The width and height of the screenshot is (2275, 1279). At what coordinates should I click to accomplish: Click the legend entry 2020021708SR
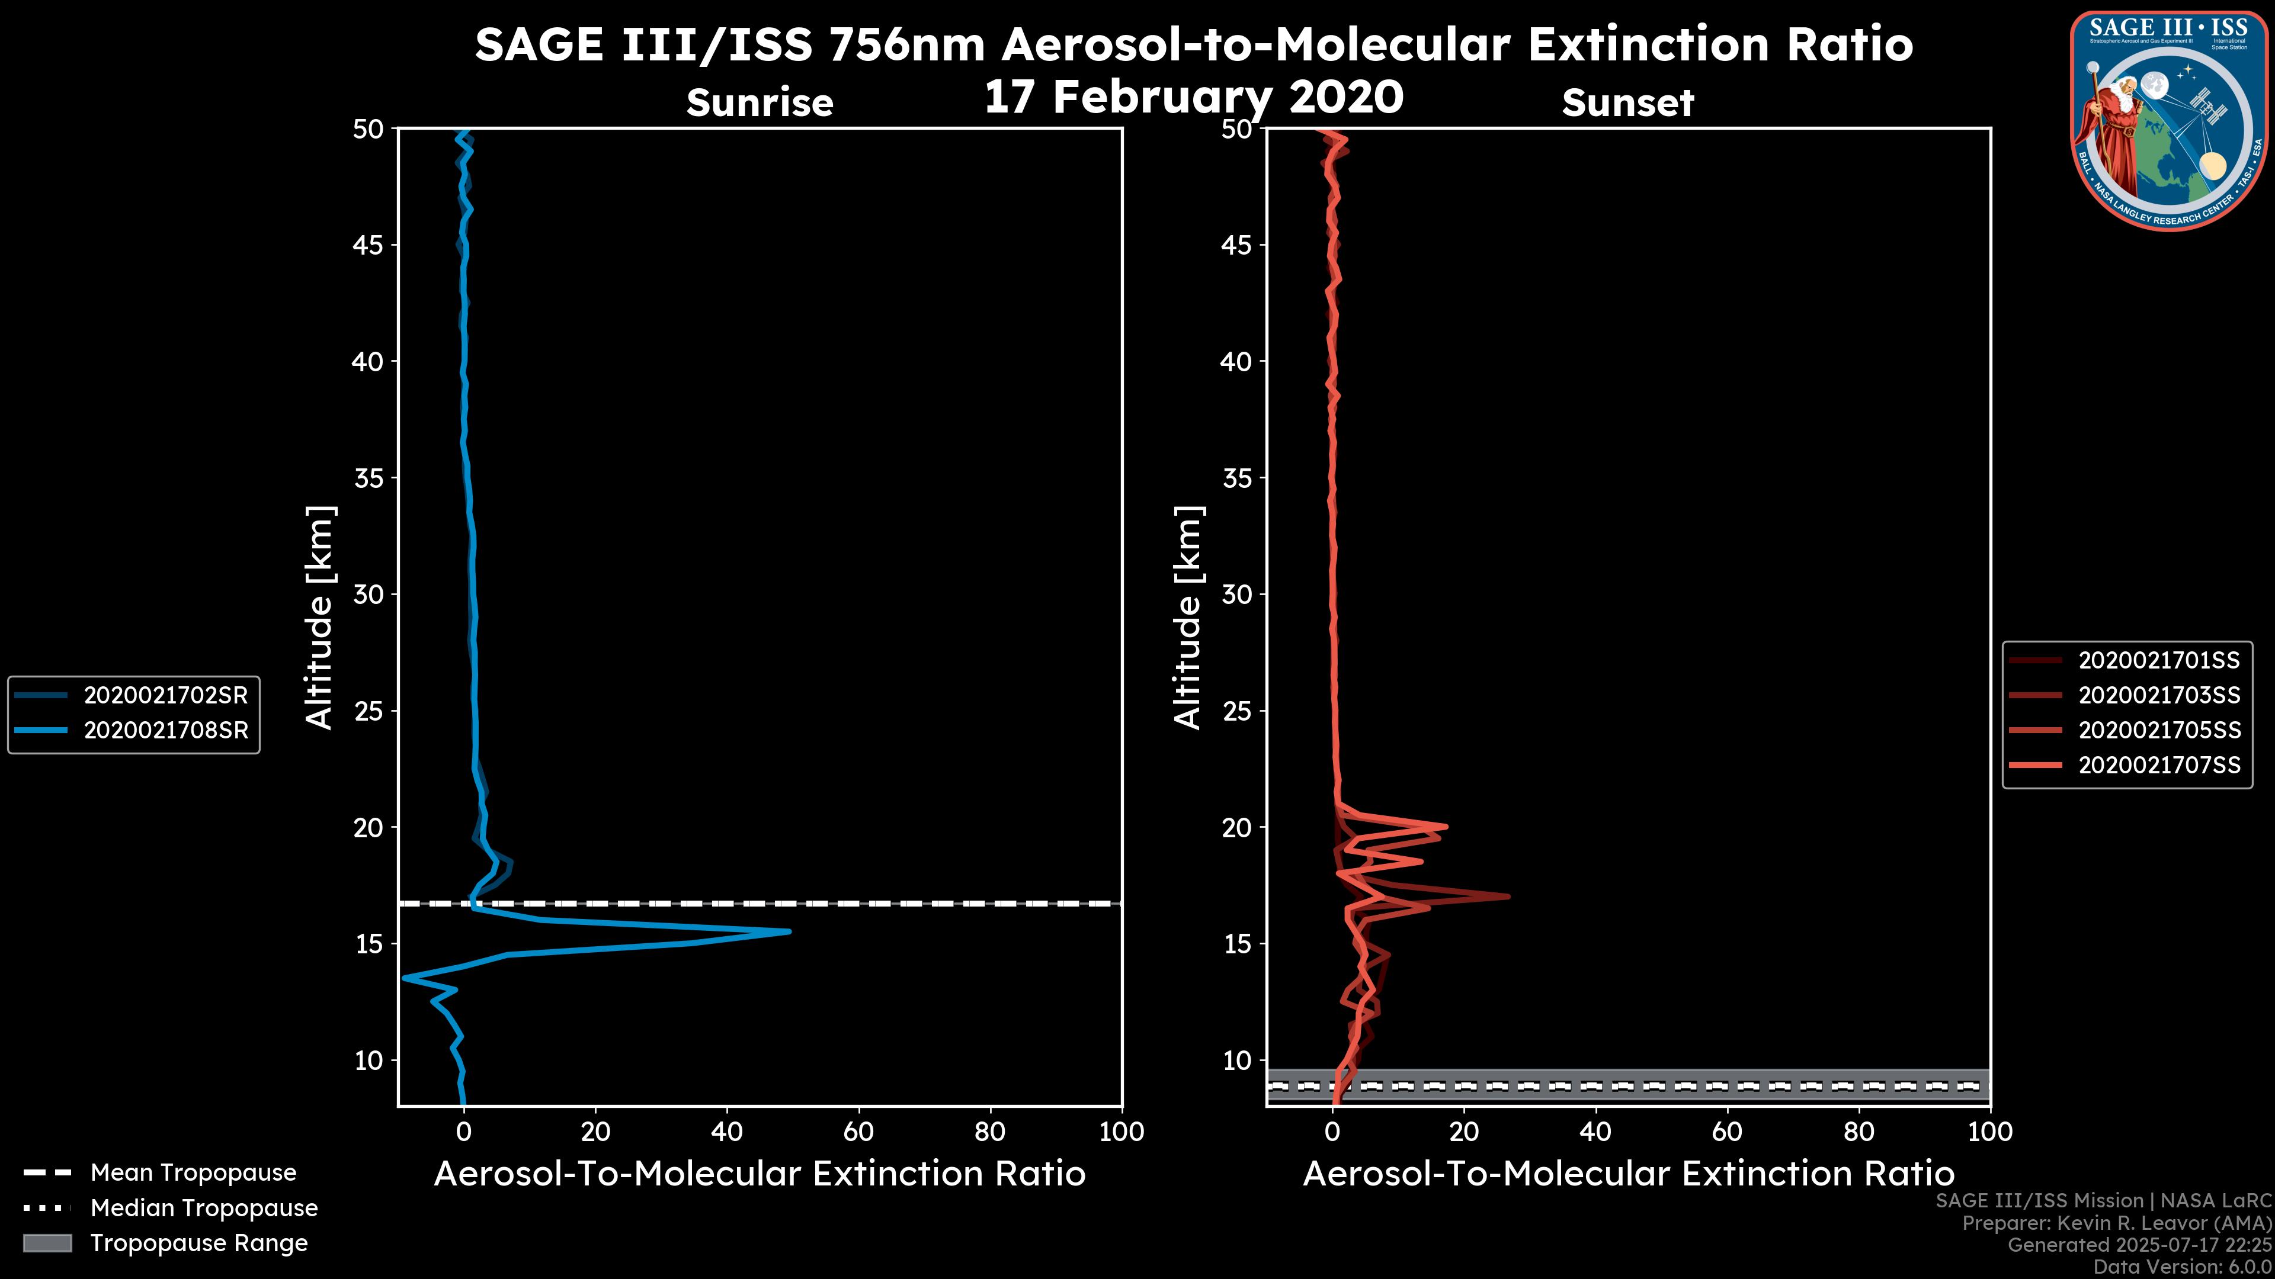pyautogui.click(x=165, y=731)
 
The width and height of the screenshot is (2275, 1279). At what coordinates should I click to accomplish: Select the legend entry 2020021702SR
pyautogui.click(x=165, y=696)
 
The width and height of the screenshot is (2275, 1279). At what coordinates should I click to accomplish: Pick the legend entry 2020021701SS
pyautogui.click(x=2158, y=660)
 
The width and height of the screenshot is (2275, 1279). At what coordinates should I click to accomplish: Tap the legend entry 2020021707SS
pyautogui.click(x=2158, y=764)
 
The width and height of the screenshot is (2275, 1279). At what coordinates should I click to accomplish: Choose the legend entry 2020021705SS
pyautogui.click(x=2158, y=730)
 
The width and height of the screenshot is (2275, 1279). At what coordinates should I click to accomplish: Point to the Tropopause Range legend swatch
pyautogui.click(x=47, y=1243)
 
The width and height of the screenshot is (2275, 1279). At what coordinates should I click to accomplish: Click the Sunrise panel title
pyautogui.click(x=760, y=103)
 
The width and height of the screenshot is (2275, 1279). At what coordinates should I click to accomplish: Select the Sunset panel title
pyautogui.click(x=1627, y=103)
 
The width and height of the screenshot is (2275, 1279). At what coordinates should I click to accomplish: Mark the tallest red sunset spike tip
pyautogui.click(x=1508, y=897)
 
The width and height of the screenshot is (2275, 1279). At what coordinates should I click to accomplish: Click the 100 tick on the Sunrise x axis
pyautogui.click(x=1122, y=1132)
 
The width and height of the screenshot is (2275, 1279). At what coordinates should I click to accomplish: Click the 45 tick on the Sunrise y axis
pyautogui.click(x=369, y=245)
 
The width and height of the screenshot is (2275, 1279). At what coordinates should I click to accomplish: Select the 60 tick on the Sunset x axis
pyautogui.click(x=1728, y=1132)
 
